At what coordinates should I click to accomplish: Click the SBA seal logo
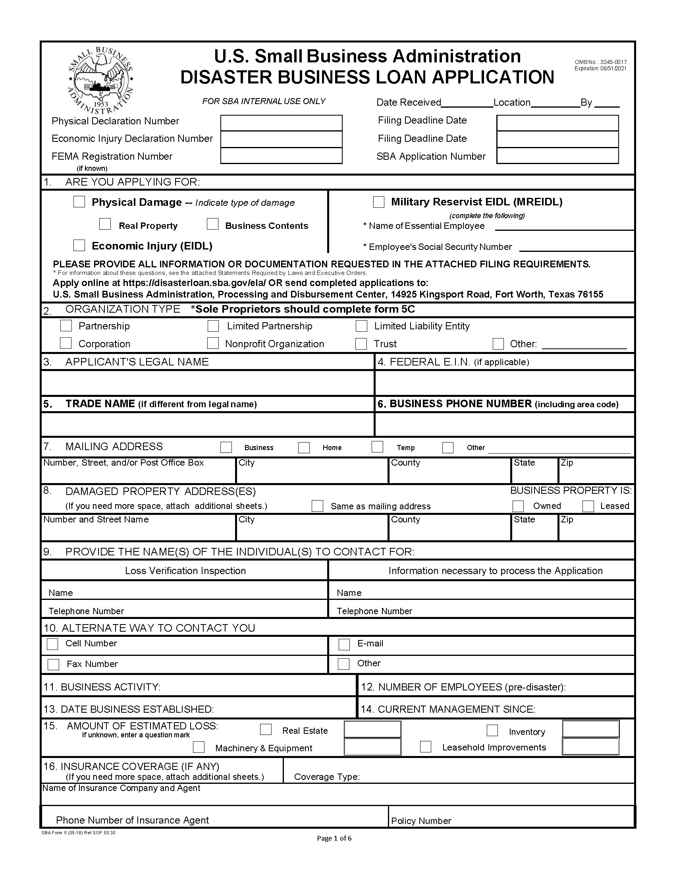pyautogui.click(x=100, y=80)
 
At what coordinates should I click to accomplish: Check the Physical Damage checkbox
pyautogui.click(x=79, y=202)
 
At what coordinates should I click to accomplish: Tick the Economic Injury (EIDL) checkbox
pyautogui.click(x=79, y=245)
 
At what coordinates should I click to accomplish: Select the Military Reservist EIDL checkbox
pyautogui.click(x=378, y=202)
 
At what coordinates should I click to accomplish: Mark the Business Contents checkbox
pyautogui.click(x=212, y=224)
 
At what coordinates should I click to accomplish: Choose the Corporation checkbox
pyautogui.click(x=66, y=343)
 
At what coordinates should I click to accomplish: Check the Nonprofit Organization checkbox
pyautogui.click(x=213, y=343)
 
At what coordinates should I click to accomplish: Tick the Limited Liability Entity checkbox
pyautogui.click(x=361, y=326)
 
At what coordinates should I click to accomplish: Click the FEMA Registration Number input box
pyautogui.click(x=281, y=156)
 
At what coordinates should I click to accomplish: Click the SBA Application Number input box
pyautogui.click(x=557, y=156)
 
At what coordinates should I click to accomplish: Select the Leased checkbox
pyautogui.click(x=588, y=506)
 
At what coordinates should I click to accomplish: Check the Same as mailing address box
pyautogui.click(x=317, y=506)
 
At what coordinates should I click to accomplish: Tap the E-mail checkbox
pyautogui.click(x=344, y=644)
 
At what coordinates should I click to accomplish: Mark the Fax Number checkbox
pyautogui.click(x=53, y=664)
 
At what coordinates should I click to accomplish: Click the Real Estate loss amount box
pyautogui.click(x=372, y=729)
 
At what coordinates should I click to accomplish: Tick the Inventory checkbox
pyautogui.click(x=492, y=730)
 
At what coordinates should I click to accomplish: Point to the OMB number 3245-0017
pyautogui.click(x=600, y=62)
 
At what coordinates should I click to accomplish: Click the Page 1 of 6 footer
pyautogui.click(x=334, y=838)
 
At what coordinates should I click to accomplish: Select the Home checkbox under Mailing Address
pyautogui.click(x=304, y=447)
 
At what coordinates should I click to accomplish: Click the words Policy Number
pyautogui.click(x=420, y=821)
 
